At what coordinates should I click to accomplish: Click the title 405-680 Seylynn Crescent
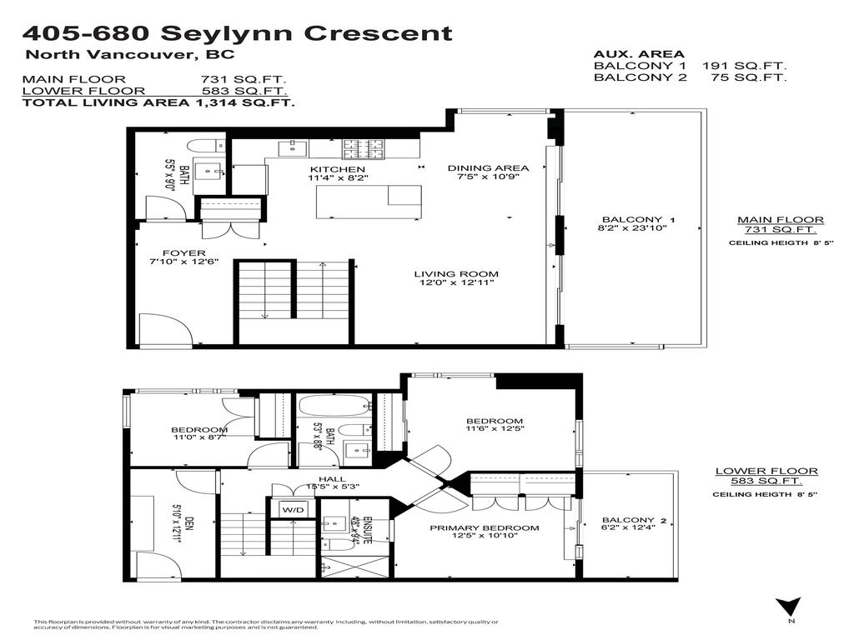coord(237,33)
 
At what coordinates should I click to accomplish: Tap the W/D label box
coord(292,509)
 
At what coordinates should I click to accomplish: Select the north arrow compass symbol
coord(788,607)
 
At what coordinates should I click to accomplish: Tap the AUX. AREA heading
coord(638,52)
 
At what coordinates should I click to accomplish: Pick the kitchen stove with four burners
coord(364,148)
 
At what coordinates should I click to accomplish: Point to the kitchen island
coord(368,201)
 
